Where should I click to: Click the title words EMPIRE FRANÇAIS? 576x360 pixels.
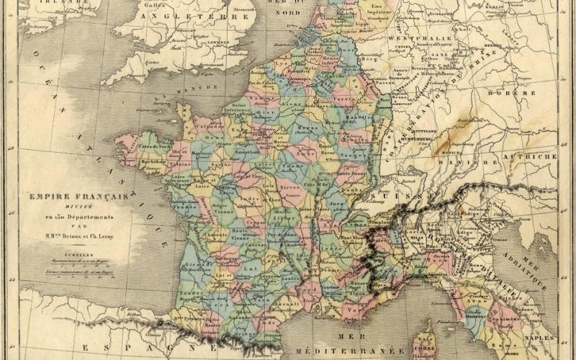pyautogui.click(x=78, y=196)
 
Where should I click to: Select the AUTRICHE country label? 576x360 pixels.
pyautogui.click(x=530, y=156)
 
